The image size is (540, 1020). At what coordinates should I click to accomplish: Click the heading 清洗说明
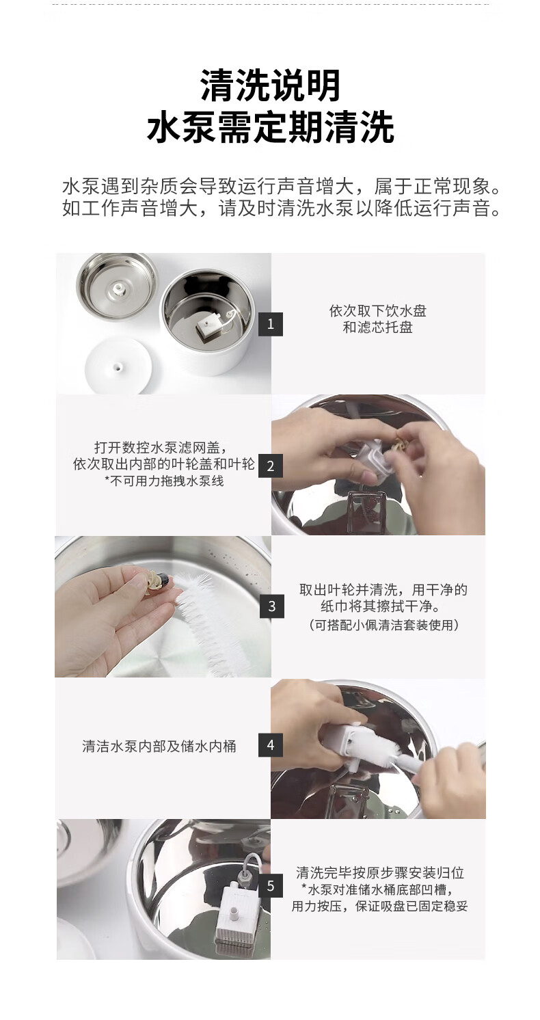[270, 85]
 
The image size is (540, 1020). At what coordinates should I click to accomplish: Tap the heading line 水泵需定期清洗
[270, 127]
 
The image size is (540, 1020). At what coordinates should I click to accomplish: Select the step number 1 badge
[271, 324]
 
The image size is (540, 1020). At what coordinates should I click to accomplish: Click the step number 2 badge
[271, 466]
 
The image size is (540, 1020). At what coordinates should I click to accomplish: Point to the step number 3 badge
[272, 606]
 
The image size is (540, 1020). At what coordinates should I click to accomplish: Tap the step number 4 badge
[271, 745]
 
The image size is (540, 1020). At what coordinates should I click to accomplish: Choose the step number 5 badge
[271, 886]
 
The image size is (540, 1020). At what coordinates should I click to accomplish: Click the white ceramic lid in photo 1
[119, 365]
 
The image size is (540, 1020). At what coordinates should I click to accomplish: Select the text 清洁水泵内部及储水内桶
[159, 747]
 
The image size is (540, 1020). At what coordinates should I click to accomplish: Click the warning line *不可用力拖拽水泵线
[164, 481]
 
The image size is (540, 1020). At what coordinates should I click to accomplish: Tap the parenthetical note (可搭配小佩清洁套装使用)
[383, 625]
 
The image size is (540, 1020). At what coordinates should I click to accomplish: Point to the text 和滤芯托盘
[377, 327]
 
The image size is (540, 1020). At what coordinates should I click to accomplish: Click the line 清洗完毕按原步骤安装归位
[380, 873]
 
